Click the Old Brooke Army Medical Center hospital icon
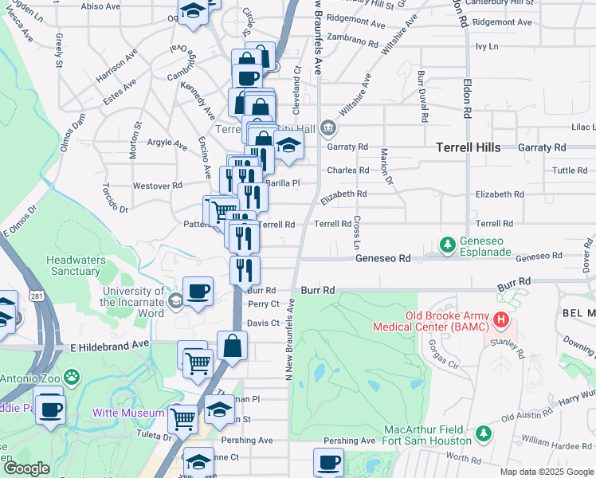[x=501, y=321]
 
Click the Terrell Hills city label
[x=469, y=147]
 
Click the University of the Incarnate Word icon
[x=174, y=300]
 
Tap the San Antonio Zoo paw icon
[x=72, y=375]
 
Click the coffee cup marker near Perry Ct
[x=198, y=291]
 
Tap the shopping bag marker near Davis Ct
[x=232, y=346]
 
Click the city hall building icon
[x=327, y=127]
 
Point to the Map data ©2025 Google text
[x=546, y=472]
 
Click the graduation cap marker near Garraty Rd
[x=288, y=145]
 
